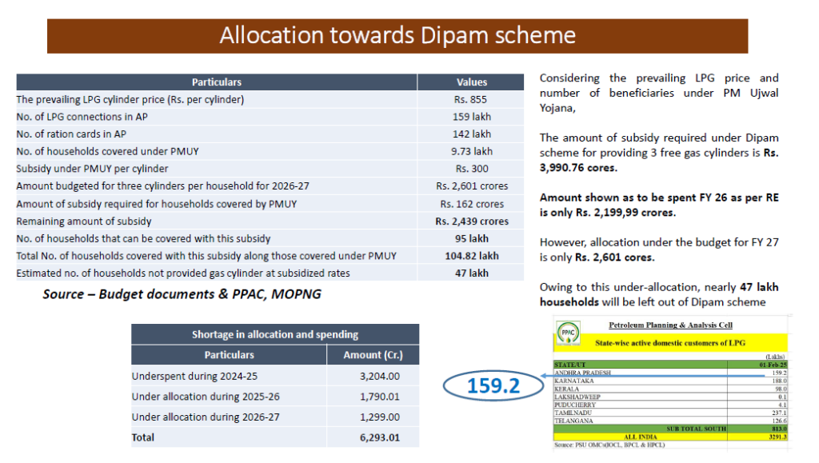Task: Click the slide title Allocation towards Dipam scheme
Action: click(398, 35)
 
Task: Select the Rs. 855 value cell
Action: click(471, 100)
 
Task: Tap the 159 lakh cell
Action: click(471, 117)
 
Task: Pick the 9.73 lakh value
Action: click(471, 151)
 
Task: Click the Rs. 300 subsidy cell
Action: click(471, 169)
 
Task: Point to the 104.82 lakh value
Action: click(471, 256)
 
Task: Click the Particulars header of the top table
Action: click(216, 82)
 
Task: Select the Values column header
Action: click(471, 82)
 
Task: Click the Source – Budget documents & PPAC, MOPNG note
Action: click(182, 294)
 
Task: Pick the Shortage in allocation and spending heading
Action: click(274, 334)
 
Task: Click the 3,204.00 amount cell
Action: click(382, 376)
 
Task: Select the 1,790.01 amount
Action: click(382, 397)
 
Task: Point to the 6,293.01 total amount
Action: click(382, 437)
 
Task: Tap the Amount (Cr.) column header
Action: click(372, 355)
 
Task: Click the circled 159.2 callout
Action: click(493, 385)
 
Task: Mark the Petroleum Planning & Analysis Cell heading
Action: click(670, 325)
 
